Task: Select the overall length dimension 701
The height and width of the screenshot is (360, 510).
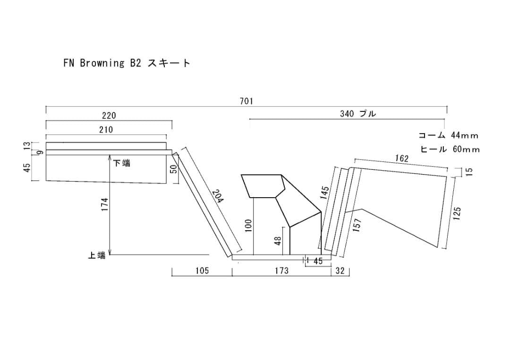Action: tap(246, 101)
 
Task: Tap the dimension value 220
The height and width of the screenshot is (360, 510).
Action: tap(109, 116)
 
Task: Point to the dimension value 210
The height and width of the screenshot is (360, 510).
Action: tap(106, 130)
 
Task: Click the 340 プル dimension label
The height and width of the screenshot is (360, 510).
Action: tap(358, 114)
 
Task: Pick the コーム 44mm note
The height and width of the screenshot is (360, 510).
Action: tap(448, 135)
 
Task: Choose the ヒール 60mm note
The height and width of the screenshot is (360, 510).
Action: tap(450, 150)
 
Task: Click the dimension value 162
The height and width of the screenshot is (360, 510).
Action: tap(401, 159)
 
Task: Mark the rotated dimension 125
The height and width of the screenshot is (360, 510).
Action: tap(457, 212)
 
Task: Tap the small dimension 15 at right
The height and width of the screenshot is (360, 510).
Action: tap(469, 172)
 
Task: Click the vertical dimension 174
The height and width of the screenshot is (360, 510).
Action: tap(105, 204)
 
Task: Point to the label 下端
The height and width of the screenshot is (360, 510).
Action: tap(122, 163)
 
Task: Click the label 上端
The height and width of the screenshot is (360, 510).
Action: tap(97, 255)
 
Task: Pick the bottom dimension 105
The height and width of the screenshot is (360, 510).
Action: tap(202, 271)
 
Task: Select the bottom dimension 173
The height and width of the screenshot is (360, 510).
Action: tap(281, 271)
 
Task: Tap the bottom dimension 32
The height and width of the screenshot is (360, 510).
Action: tap(340, 271)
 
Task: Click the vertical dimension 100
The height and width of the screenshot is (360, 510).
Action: tap(249, 225)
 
